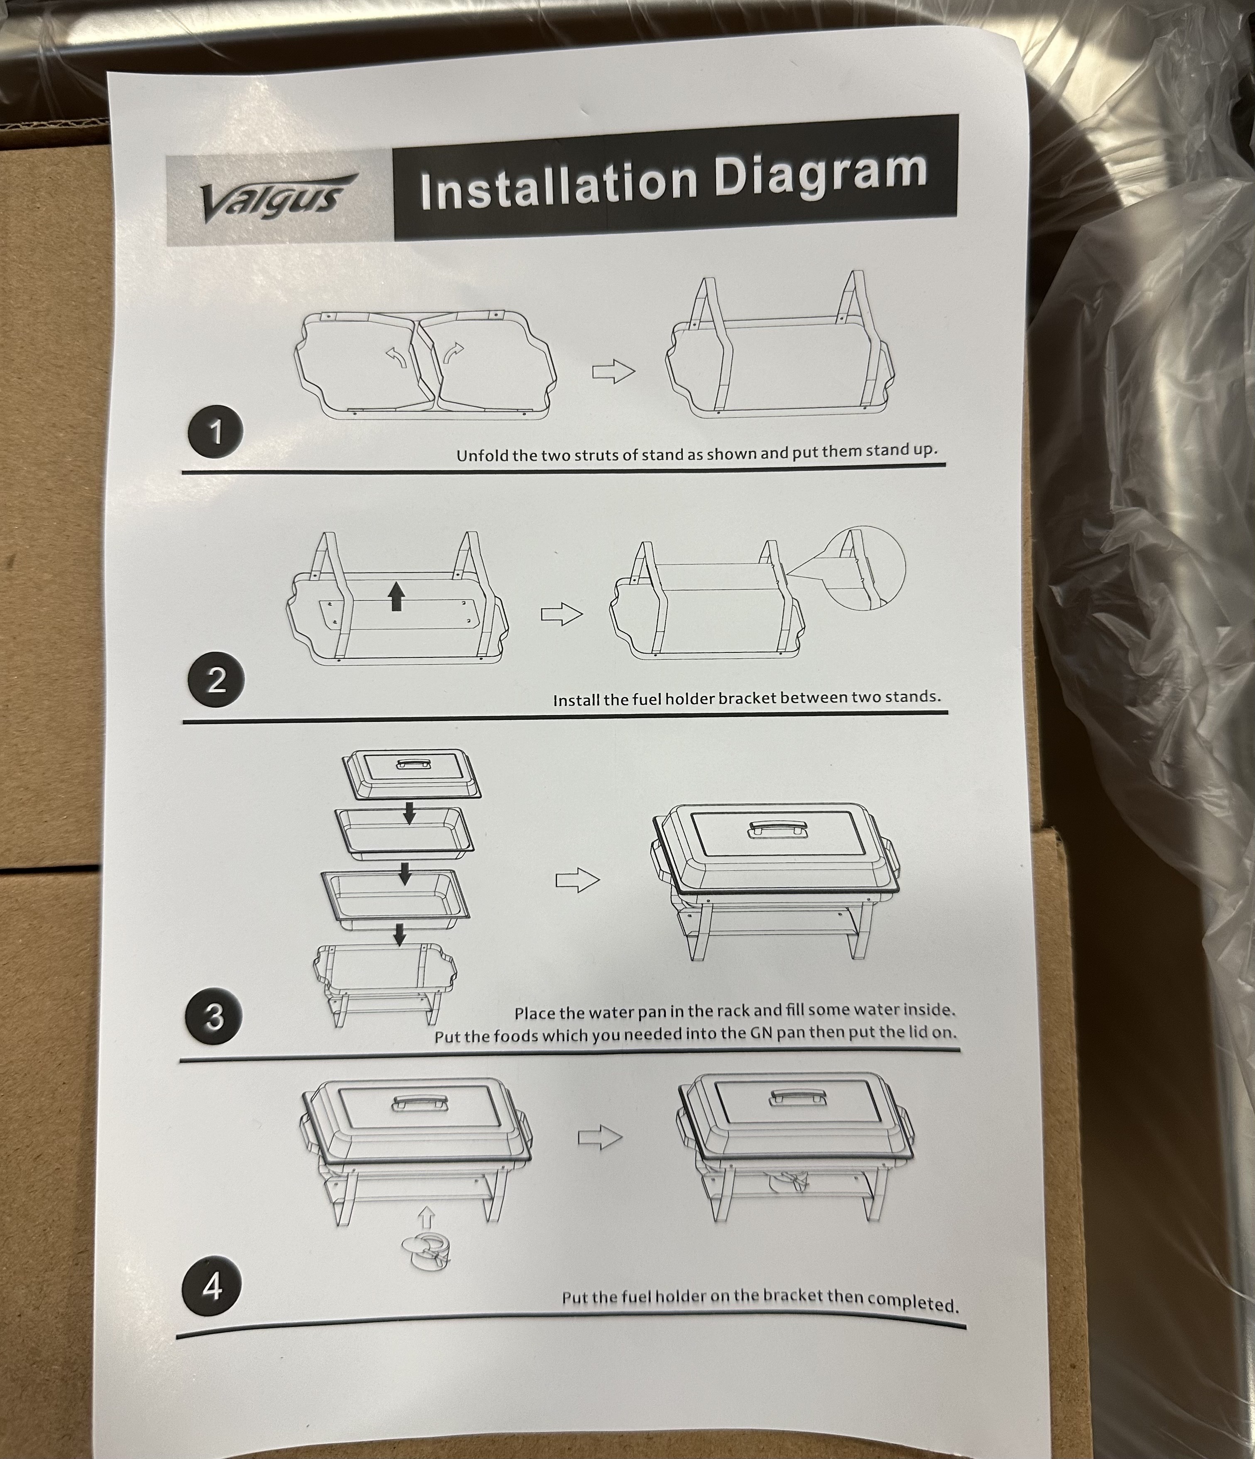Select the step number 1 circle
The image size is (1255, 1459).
tap(216, 431)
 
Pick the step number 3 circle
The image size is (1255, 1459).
tap(214, 1016)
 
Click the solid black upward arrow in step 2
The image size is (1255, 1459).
tap(397, 596)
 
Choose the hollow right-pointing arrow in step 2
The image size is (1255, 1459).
tap(562, 614)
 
